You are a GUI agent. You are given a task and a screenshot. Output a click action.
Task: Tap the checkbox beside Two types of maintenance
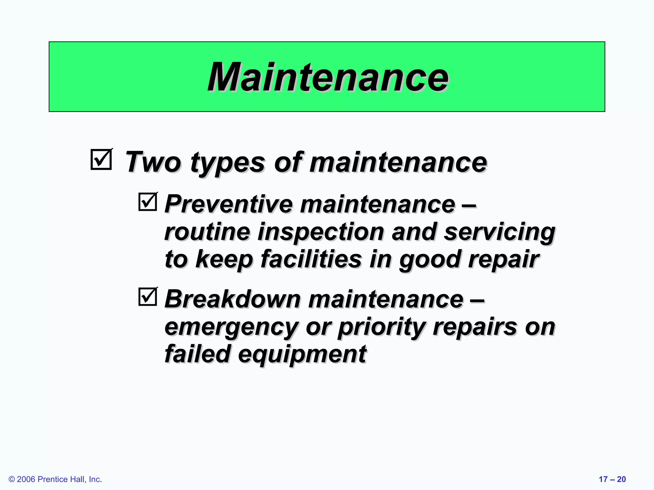[x=101, y=159]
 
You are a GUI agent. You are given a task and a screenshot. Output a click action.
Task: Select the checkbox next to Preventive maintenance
[x=148, y=202]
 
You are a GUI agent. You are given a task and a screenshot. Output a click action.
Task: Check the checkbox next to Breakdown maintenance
[x=148, y=297]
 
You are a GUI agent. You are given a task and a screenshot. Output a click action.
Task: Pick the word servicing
[x=499, y=232]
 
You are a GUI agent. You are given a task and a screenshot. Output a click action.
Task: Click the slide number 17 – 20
[x=612, y=479]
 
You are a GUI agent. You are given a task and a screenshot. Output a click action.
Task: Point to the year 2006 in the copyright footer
[x=26, y=479]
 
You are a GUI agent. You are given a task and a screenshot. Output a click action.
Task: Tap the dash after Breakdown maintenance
[x=478, y=300]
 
